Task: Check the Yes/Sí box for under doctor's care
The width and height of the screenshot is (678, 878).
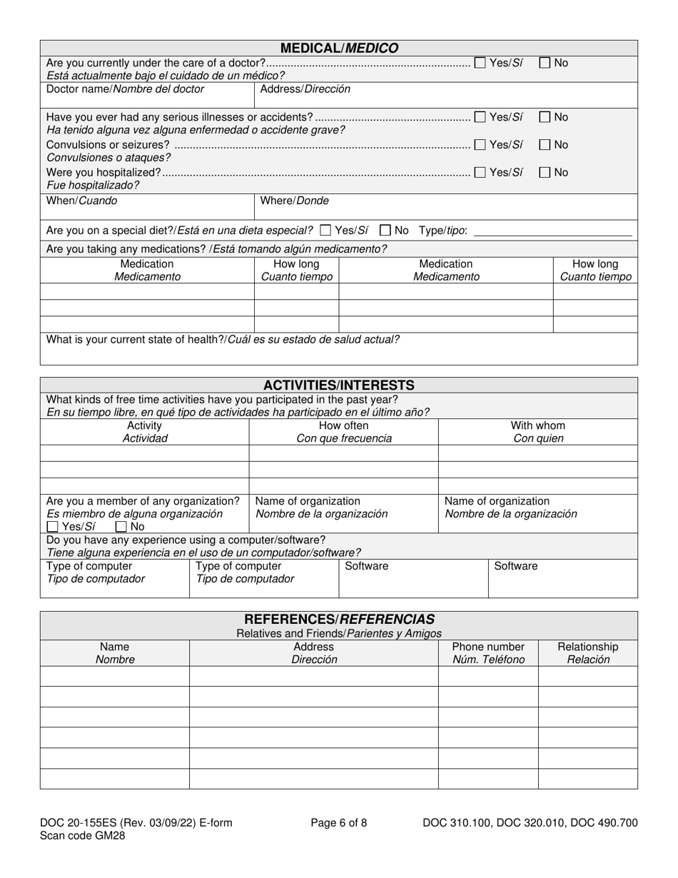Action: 480,63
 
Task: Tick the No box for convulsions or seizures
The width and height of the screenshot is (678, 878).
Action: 545,145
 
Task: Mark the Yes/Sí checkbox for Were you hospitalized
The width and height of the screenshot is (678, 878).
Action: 480,172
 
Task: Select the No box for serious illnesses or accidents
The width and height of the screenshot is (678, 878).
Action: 545,117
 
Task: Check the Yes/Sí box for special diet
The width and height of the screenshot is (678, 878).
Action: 326,231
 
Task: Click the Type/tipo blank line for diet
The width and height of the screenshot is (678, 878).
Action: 552,232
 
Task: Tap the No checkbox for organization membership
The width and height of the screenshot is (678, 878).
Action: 121,528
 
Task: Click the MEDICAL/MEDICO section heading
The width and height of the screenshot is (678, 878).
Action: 339,49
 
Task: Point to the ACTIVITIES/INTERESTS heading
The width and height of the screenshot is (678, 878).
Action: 339,385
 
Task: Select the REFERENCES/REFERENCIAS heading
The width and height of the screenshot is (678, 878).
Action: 339,619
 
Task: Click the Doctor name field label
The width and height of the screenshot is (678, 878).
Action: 125,89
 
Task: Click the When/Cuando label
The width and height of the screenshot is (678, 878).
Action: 82,201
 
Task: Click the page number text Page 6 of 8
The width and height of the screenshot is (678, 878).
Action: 339,823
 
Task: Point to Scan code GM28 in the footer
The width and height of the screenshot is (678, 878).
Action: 83,836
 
